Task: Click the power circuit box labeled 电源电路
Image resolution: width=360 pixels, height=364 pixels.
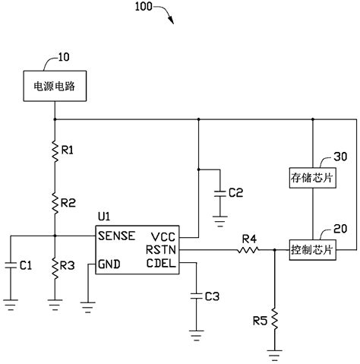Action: (x=55, y=88)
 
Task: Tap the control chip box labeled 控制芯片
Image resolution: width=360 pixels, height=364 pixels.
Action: (x=312, y=248)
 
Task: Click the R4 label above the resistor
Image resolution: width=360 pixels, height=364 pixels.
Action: (x=248, y=238)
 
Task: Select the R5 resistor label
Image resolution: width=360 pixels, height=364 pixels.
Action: (x=258, y=319)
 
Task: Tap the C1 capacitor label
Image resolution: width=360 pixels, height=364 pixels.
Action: (x=25, y=265)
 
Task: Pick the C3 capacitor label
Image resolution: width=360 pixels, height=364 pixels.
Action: (x=214, y=295)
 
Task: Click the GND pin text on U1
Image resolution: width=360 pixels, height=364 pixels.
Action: (x=109, y=264)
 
